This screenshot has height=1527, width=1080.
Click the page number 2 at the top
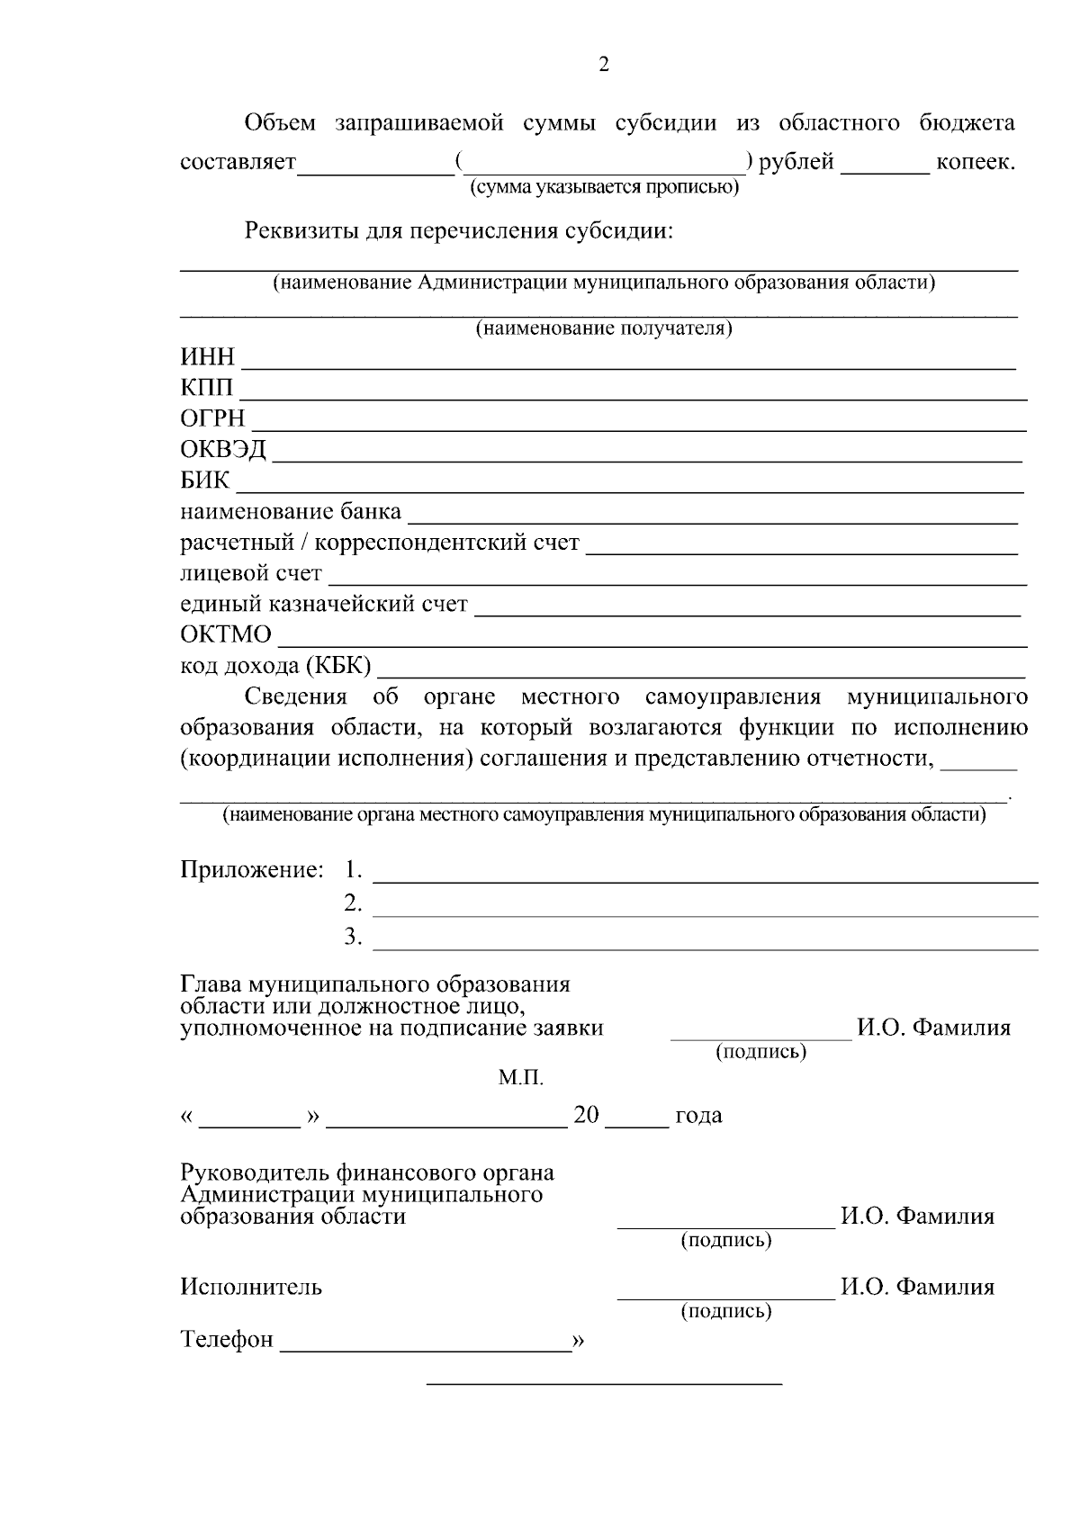(x=604, y=65)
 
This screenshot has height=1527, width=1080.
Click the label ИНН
(x=208, y=358)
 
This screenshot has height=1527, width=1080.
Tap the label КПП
(x=207, y=389)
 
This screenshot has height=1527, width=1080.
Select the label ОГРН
(x=212, y=419)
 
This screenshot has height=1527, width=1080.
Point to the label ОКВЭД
(x=224, y=450)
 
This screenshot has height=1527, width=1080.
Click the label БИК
(x=205, y=481)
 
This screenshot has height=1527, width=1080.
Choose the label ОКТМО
(x=226, y=635)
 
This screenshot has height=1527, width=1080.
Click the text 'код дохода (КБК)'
(x=276, y=666)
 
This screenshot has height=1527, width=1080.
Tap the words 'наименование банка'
(x=291, y=512)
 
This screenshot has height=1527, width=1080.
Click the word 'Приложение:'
(x=252, y=870)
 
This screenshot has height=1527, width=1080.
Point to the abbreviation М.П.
(x=521, y=1077)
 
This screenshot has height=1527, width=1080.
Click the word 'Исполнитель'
(x=251, y=1287)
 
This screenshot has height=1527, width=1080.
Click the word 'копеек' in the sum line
(x=975, y=163)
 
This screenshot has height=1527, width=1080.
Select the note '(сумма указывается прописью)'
(x=603, y=188)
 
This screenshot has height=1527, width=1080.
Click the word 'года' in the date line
(x=698, y=1116)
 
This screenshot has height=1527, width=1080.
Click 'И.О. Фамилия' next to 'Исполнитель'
(x=917, y=1287)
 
